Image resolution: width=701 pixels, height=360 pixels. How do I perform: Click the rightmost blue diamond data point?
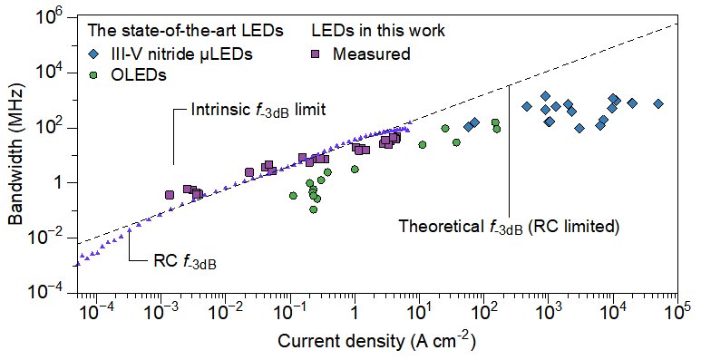point(658,104)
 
